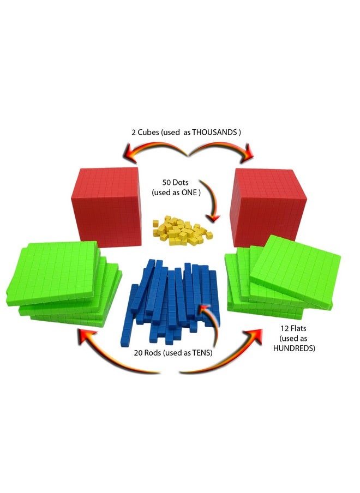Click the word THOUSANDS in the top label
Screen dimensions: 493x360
(x=214, y=133)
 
